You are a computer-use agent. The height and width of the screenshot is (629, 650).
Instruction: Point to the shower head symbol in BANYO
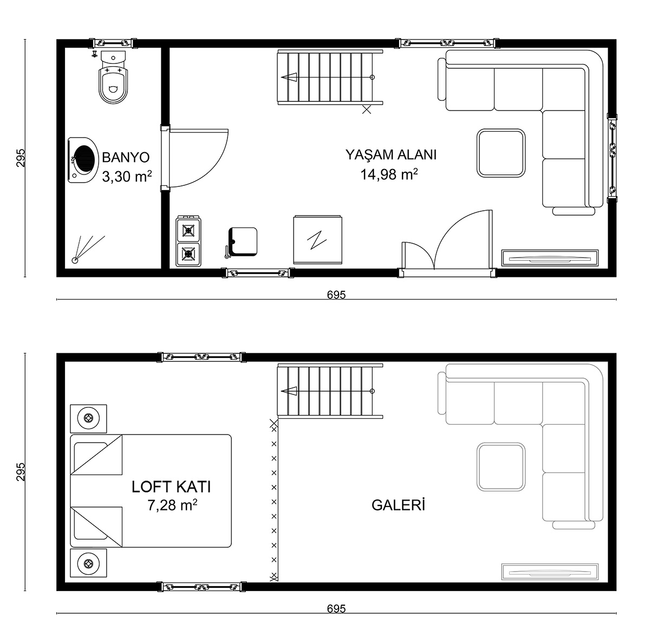pyautogui.click(x=75, y=260)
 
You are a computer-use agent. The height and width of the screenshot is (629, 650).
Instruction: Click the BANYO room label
pyautogui.click(x=126, y=157)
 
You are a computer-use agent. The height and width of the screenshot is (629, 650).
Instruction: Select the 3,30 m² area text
pyautogui.click(x=127, y=177)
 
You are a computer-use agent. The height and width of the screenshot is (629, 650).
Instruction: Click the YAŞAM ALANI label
pyautogui.click(x=391, y=154)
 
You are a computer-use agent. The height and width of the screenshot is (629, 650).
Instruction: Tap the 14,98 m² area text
pyautogui.click(x=389, y=174)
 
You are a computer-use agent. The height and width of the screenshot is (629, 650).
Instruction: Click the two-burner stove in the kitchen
pyautogui.click(x=188, y=241)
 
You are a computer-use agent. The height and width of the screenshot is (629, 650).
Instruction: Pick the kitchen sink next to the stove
pyautogui.click(x=242, y=242)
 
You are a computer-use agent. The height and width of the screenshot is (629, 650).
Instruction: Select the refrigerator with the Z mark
pyautogui.click(x=317, y=240)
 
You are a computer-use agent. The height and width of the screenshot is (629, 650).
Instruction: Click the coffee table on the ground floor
pyautogui.click(x=500, y=153)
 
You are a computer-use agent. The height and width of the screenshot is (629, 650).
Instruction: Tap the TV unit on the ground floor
pyautogui.click(x=550, y=258)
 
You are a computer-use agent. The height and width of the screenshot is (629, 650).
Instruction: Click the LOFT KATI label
pyautogui.click(x=171, y=487)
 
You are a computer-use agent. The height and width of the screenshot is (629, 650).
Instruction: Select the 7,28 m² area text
pyautogui.click(x=172, y=505)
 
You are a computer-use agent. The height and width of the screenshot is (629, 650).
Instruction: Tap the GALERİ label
pyautogui.click(x=398, y=505)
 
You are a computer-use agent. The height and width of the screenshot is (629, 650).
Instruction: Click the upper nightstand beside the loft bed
pyautogui.click(x=88, y=419)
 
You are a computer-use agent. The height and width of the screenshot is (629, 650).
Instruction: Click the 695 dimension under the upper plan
pyautogui.click(x=336, y=295)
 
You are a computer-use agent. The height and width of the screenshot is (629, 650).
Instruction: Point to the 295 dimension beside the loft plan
pyautogui.click(x=21, y=472)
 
